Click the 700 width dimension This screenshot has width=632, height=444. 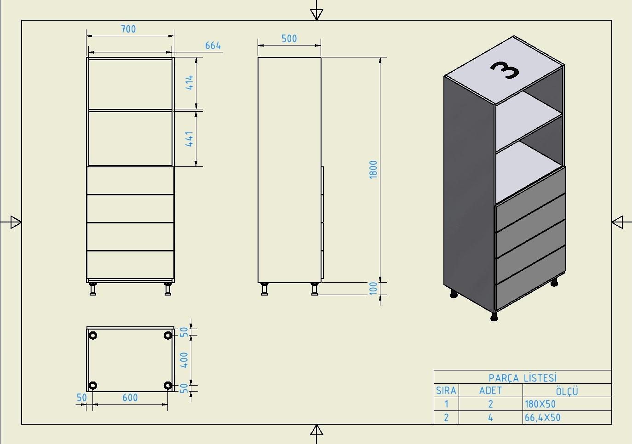click(128, 29)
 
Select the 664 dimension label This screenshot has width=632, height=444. click(213, 46)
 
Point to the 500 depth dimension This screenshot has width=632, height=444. click(289, 39)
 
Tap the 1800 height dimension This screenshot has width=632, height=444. click(373, 170)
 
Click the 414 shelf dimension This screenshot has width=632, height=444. click(190, 82)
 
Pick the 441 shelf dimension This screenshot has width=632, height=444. click(190, 139)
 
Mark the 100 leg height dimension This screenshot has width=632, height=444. click(373, 288)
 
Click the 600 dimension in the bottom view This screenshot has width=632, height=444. click(130, 398)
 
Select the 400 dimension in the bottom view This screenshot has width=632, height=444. click(184, 360)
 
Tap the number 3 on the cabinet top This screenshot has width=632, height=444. click(505, 70)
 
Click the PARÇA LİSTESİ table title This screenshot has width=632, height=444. click(523, 378)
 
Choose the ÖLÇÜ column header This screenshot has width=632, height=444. click(567, 391)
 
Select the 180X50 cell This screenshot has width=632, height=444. click(540, 404)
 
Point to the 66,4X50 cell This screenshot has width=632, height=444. click(543, 417)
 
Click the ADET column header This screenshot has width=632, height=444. click(491, 391)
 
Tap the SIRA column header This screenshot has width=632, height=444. click(446, 391)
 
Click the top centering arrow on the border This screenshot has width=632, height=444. click(316, 14)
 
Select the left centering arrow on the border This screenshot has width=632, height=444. click(16, 222)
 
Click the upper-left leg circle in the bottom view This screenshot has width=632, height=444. click(93, 336)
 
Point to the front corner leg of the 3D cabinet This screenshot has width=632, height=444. click(494, 316)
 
